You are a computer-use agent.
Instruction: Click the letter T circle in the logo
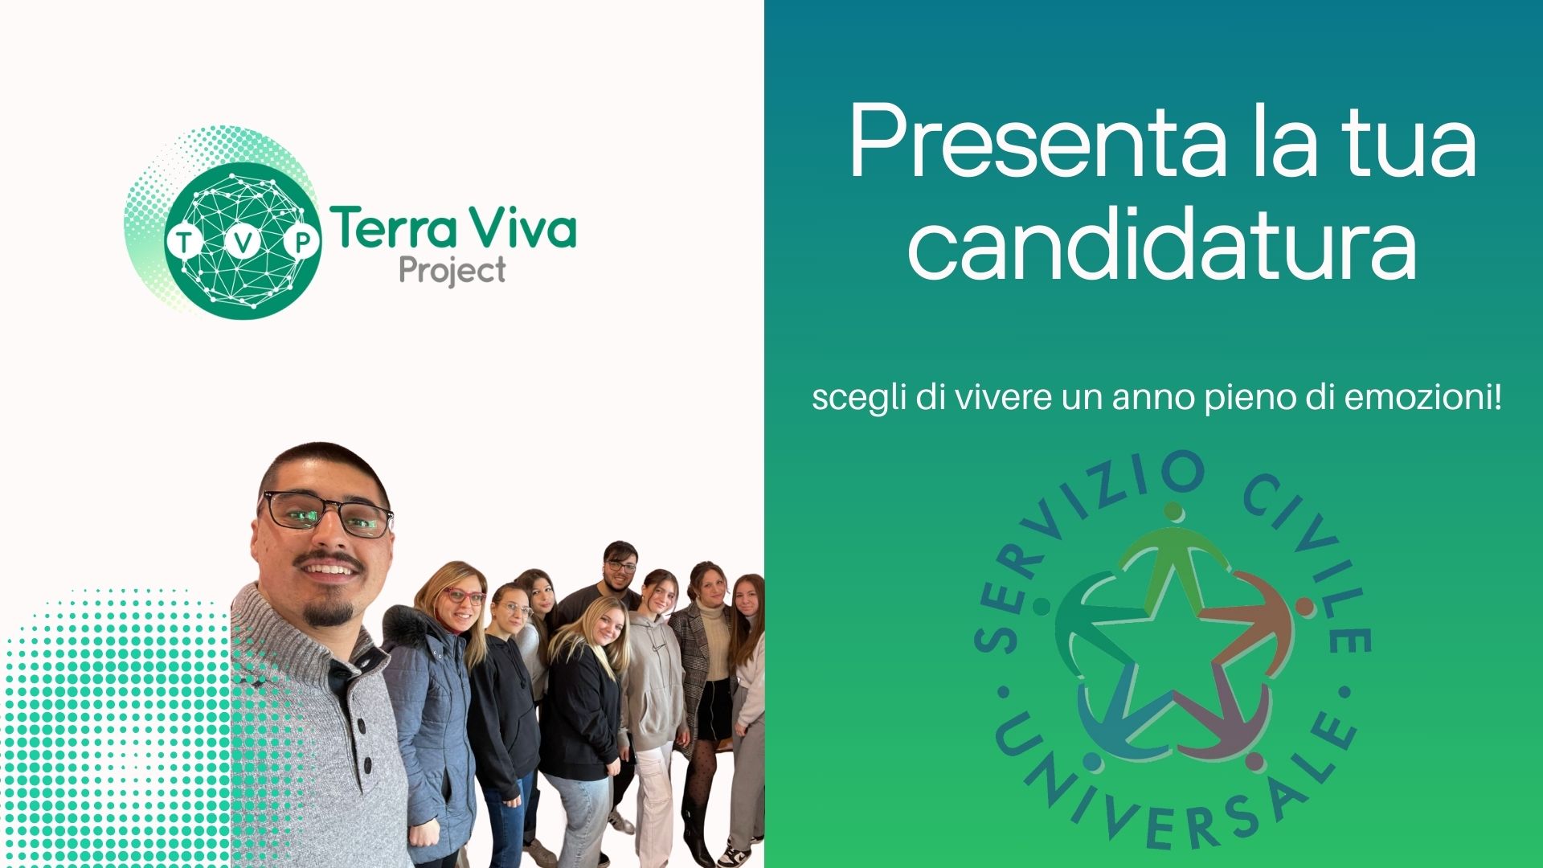click(x=184, y=242)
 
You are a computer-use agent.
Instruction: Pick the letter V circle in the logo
click(x=243, y=242)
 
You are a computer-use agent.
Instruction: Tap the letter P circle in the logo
click(x=301, y=242)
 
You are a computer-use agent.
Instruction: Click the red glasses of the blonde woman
click(x=465, y=596)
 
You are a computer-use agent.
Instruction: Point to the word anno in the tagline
click(x=1154, y=399)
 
